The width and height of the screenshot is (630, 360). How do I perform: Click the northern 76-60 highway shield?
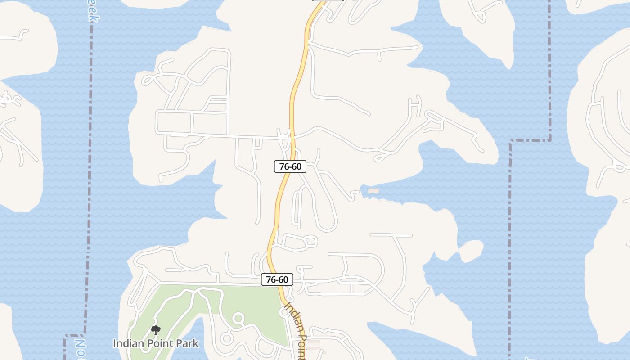tap(290, 166)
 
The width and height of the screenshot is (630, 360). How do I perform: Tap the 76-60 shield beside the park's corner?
tap(277, 279)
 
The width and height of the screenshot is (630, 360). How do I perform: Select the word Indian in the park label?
tap(127, 343)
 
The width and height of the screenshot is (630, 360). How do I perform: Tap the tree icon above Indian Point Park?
tap(155, 331)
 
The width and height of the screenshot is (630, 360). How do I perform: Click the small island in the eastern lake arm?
tap(471, 251)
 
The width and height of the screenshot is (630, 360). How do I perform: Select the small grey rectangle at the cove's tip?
tap(373, 191)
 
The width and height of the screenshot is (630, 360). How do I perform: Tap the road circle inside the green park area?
tap(238, 319)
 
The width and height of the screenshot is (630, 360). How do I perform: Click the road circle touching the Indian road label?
tap(284, 312)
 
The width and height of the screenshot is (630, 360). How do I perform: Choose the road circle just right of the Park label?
tap(227, 338)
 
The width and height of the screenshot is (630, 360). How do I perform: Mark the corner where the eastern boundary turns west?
tap(549, 140)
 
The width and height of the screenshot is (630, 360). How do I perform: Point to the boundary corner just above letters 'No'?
tap(65, 336)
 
